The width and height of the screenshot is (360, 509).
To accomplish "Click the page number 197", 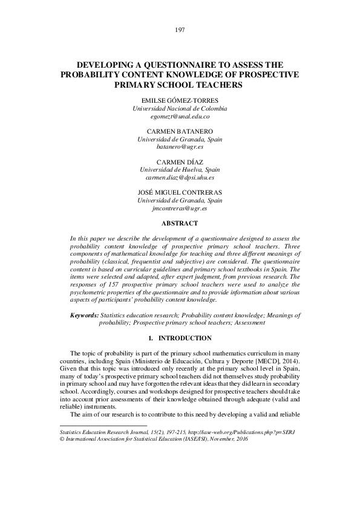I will (x=180, y=30).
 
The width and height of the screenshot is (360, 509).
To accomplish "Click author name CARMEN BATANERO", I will (x=180, y=131).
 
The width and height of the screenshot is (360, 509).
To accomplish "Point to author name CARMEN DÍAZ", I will (x=180, y=162).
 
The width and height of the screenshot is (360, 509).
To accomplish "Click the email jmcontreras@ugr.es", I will (x=180, y=208).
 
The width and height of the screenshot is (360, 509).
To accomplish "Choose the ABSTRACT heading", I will (x=180, y=223).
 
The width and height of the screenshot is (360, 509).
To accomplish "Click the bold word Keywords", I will (x=84, y=315).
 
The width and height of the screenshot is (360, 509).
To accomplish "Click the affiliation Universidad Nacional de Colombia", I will (x=180, y=108).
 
